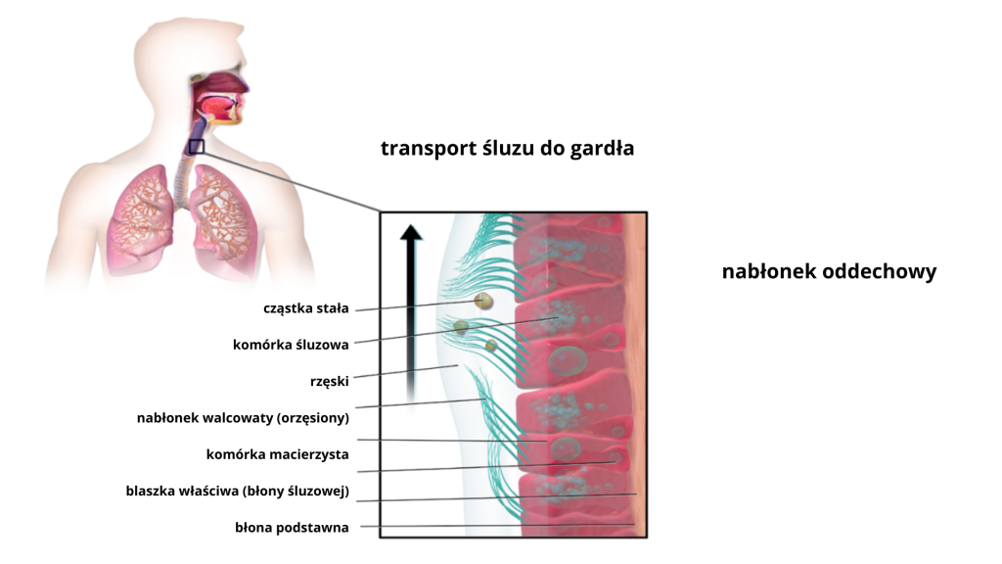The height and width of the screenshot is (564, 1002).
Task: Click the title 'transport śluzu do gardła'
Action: [507, 149]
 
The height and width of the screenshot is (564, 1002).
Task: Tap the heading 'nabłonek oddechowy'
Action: [829, 271]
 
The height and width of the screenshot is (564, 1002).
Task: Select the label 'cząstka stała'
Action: [305, 308]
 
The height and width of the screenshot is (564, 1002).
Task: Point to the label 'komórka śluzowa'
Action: [290, 345]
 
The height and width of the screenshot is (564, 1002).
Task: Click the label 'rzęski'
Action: [329, 381]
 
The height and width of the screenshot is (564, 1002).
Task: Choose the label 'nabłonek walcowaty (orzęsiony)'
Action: [242, 417]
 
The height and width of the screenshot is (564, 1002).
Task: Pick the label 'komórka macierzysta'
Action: [277, 454]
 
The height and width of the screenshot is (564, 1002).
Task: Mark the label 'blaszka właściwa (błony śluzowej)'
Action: [237, 491]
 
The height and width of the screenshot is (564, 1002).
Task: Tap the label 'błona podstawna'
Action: [292, 528]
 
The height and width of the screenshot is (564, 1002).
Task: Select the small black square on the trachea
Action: [197, 147]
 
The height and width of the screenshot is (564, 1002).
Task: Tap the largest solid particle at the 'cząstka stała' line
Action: [481, 302]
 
